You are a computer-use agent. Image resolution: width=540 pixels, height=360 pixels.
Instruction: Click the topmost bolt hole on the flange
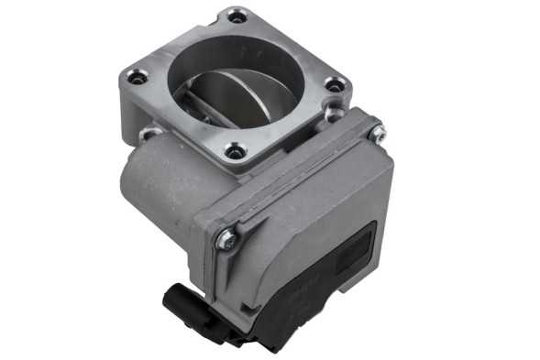pyautogui.click(x=237, y=16)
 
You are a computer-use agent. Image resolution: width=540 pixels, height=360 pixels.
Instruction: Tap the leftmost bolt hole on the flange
pyautogui.click(x=138, y=79)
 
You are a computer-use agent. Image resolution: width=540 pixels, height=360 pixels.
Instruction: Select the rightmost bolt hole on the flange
pyautogui.click(x=336, y=85)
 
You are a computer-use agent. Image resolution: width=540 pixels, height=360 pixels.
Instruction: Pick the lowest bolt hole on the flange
pyautogui.click(x=237, y=151)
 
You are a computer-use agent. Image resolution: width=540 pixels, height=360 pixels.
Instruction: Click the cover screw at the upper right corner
pyautogui.click(x=376, y=133)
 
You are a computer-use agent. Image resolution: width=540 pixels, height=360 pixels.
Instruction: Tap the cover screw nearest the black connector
pyautogui.click(x=226, y=239)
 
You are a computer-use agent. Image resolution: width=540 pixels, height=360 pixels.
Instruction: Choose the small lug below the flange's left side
pyautogui.click(x=147, y=136)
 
